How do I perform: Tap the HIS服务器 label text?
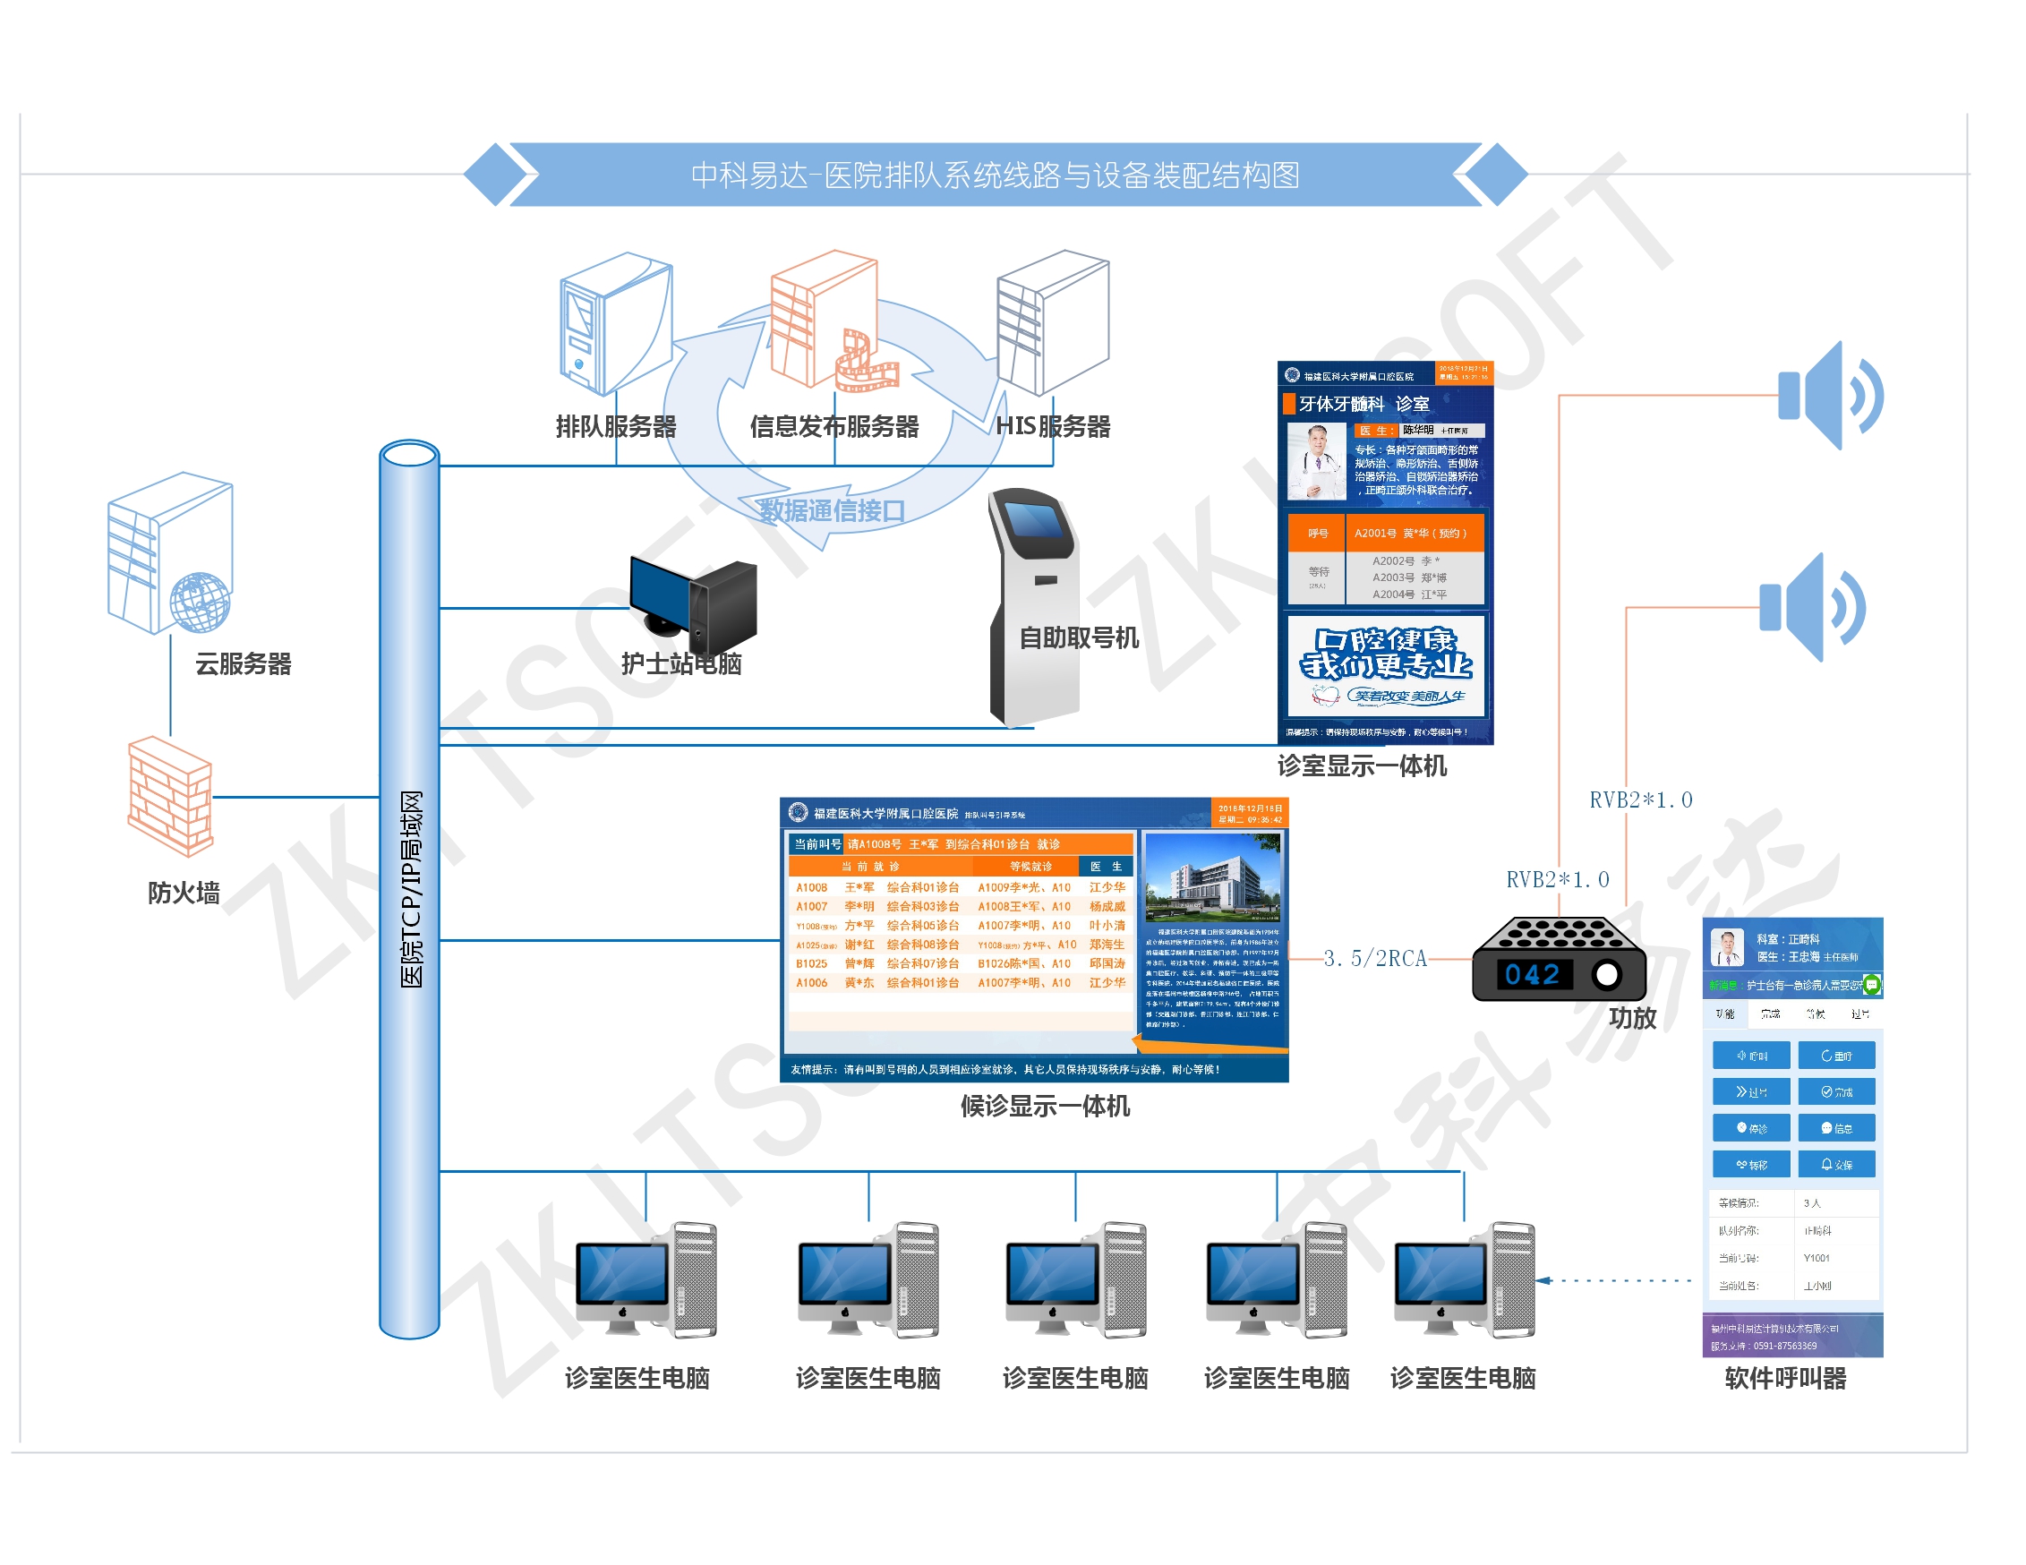tap(1053, 427)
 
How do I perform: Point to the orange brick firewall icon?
tap(170, 796)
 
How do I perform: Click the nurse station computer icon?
tap(693, 603)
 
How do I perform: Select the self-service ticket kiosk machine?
tap(1034, 603)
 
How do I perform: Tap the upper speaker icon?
tap(1827, 396)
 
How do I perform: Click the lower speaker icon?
tap(1811, 608)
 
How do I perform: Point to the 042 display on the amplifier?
tap(1533, 974)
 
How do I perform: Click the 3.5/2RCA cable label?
tap(1375, 958)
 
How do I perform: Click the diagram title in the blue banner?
tap(995, 175)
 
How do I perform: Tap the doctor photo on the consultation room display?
tap(1316, 461)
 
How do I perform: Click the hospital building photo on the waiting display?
tap(1212, 877)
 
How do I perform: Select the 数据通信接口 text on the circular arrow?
tap(831, 510)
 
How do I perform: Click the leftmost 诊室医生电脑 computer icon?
tap(645, 1280)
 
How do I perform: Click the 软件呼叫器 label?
tap(1785, 1378)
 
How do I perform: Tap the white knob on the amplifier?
tap(1607, 974)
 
